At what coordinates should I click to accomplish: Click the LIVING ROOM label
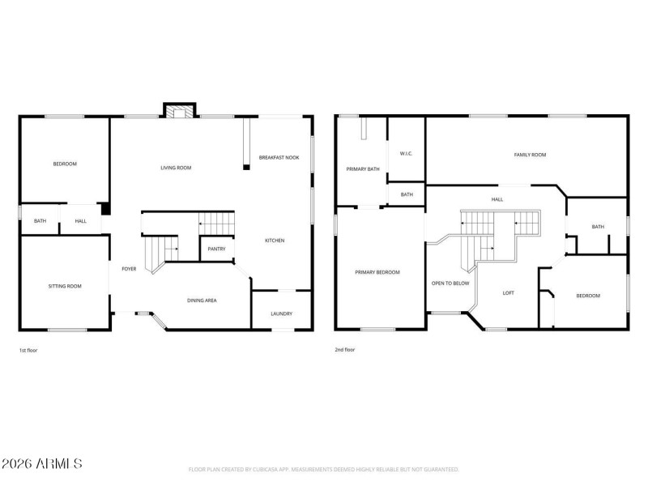click(x=176, y=168)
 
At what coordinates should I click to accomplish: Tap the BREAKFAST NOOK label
click(x=279, y=157)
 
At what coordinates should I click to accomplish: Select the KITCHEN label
click(x=274, y=241)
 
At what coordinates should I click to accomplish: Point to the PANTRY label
click(x=216, y=249)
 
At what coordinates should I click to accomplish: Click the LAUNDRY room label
click(x=281, y=313)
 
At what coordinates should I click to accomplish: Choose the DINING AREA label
click(x=202, y=301)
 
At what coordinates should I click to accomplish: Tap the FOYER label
click(x=129, y=269)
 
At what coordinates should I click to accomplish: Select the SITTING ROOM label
click(x=65, y=286)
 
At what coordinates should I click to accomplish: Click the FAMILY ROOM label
click(x=530, y=155)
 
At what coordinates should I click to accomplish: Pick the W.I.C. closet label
click(x=406, y=153)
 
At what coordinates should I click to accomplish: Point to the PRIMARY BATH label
click(x=363, y=169)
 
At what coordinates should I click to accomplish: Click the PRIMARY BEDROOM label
click(x=377, y=272)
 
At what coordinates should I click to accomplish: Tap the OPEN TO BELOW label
click(x=450, y=283)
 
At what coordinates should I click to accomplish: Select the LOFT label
click(x=508, y=293)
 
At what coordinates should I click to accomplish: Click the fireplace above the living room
click(x=180, y=111)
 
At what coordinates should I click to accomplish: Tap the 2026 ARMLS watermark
click(x=41, y=464)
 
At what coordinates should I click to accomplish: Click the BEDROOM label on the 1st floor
click(x=65, y=164)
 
